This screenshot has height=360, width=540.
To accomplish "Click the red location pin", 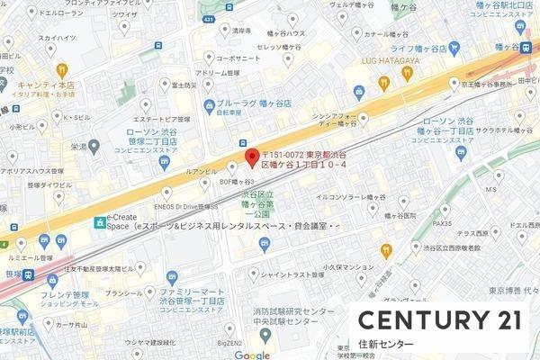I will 252,154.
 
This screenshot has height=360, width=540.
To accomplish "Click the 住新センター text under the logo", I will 386,346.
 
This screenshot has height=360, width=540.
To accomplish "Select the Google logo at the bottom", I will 252,355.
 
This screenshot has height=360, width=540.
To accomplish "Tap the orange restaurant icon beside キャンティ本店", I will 62,69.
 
